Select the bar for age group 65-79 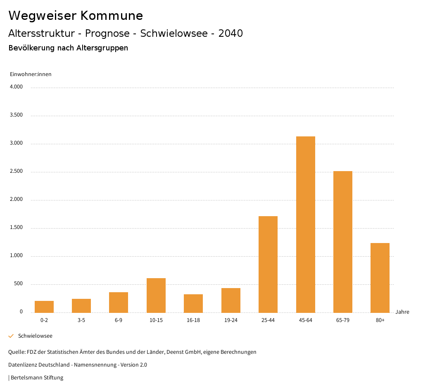(x=342, y=242)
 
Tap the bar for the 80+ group (x=380, y=278)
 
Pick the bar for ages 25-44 (x=268, y=265)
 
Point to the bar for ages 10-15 (x=156, y=296)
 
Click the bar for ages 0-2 (x=44, y=307)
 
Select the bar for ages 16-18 (x=193, y=303)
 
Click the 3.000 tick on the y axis (x=16, y=143)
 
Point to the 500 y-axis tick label (x=18, y=284)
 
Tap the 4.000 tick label (x=16, y=87)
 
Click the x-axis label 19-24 (x=231, y=320)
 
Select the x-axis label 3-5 (x=81, y=320)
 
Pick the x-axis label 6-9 (x=119, y=320)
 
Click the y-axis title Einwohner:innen (x=31, y=74)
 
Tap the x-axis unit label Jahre (x=402, y=312)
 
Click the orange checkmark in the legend (x=11, y=336)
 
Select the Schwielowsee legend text (x=35, y=336)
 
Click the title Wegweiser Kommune (x=76, y=16)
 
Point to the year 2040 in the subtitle (x=231, y=33)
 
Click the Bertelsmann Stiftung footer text (x=37, y=378)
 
